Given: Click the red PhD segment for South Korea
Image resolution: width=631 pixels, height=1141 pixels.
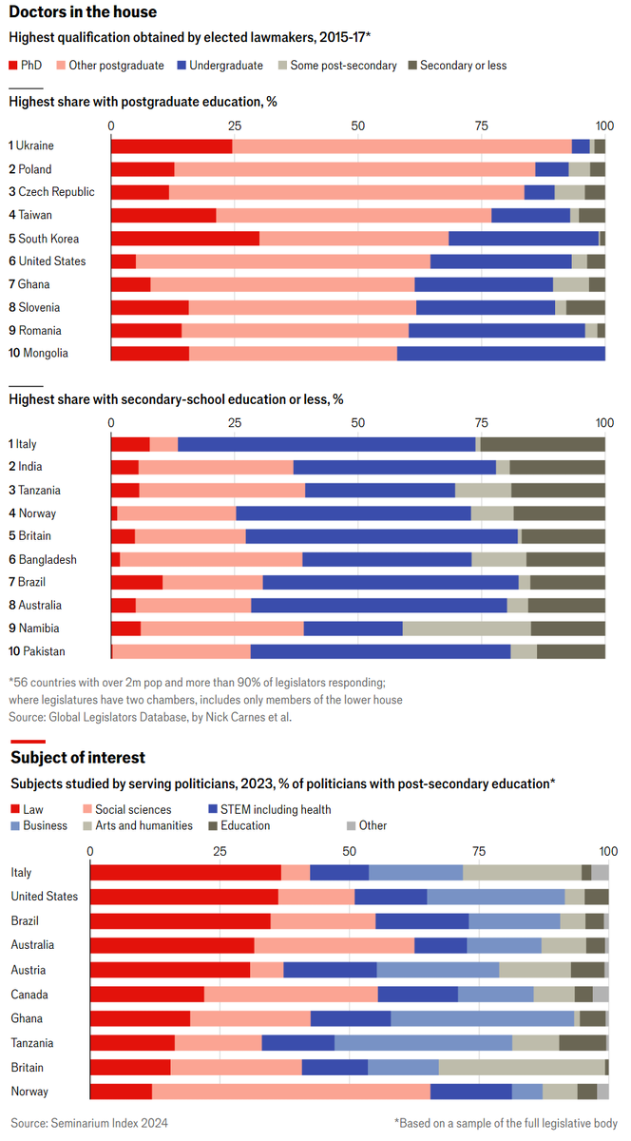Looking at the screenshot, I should (185, 239).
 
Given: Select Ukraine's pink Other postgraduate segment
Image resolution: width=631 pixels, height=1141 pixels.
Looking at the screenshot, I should (402, 145).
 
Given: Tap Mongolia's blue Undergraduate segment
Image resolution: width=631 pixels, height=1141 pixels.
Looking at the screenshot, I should (501, 354).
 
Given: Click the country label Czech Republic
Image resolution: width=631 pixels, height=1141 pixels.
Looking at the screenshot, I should (56, 192).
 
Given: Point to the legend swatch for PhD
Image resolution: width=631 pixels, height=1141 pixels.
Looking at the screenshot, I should (14, 66).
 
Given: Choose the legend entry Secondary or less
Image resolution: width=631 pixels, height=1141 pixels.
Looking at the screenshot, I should (463, 66).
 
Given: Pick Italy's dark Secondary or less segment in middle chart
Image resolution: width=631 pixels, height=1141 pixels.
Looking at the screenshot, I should (543, 444).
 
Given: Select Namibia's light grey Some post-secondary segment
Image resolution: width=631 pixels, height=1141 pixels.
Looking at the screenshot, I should (467, 629).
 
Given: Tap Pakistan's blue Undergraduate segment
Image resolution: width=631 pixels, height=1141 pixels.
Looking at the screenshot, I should (380, 651).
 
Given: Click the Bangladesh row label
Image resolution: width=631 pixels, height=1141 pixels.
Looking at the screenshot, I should (48, 559).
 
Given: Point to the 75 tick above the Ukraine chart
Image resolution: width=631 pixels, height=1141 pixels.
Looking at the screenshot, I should (482, 126).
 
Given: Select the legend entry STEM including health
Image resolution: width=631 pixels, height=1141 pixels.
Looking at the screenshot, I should (270, 809).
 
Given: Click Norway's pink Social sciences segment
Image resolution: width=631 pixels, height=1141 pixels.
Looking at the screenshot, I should (291, 1092).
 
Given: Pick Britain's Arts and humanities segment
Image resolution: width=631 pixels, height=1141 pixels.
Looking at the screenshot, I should (522, 1067).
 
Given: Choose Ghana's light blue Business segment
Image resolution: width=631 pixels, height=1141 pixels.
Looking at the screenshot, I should (482, 1018).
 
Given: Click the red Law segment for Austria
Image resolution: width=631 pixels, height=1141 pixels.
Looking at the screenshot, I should (170, 970).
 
